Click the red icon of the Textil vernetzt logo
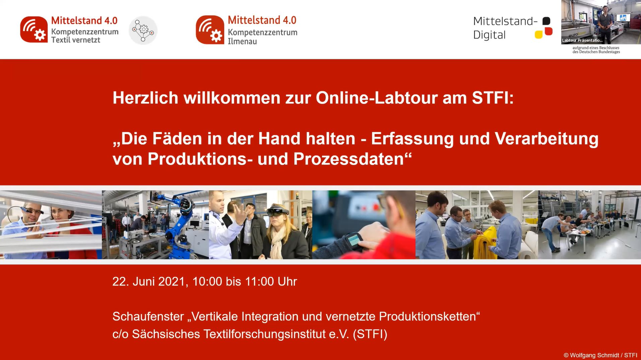(x=34, y=29)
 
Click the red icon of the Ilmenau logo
(x=210, y=30)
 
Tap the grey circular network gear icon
(x=143, y=31)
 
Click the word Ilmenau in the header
(x=242, y=42)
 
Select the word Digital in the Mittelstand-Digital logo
(x=489, y=35)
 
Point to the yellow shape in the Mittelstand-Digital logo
(x=538, y=35)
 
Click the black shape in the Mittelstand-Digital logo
(x=546, y=21)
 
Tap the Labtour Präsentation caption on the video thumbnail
(x=582, y=41)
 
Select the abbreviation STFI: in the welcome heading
(x=493, y=98)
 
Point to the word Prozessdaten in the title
(x=348, y=159)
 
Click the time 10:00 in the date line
(x=207, y=282)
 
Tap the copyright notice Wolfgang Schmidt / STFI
(x=600, y=355)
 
